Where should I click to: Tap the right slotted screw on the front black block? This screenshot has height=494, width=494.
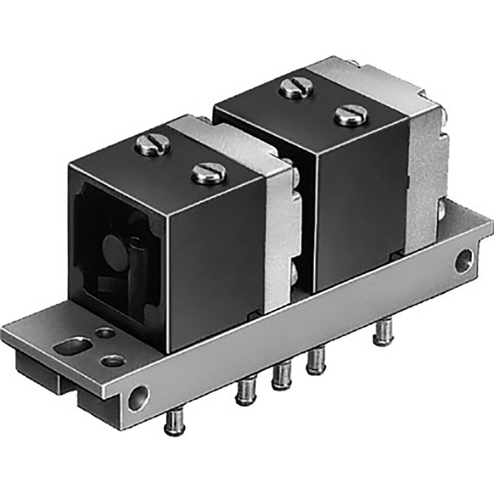209,172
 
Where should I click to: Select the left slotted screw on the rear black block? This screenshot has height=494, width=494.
293,88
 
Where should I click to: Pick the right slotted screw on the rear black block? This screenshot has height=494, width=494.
351,114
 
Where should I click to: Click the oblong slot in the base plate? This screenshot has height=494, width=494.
73,346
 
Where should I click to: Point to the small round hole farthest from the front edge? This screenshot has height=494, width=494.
104,332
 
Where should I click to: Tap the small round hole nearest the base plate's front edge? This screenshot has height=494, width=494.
112,361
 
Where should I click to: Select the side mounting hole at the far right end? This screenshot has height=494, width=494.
463,260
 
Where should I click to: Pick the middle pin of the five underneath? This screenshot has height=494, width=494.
282,375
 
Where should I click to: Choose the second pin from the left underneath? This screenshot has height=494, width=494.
245,390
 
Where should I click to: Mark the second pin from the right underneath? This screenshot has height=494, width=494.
314,361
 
